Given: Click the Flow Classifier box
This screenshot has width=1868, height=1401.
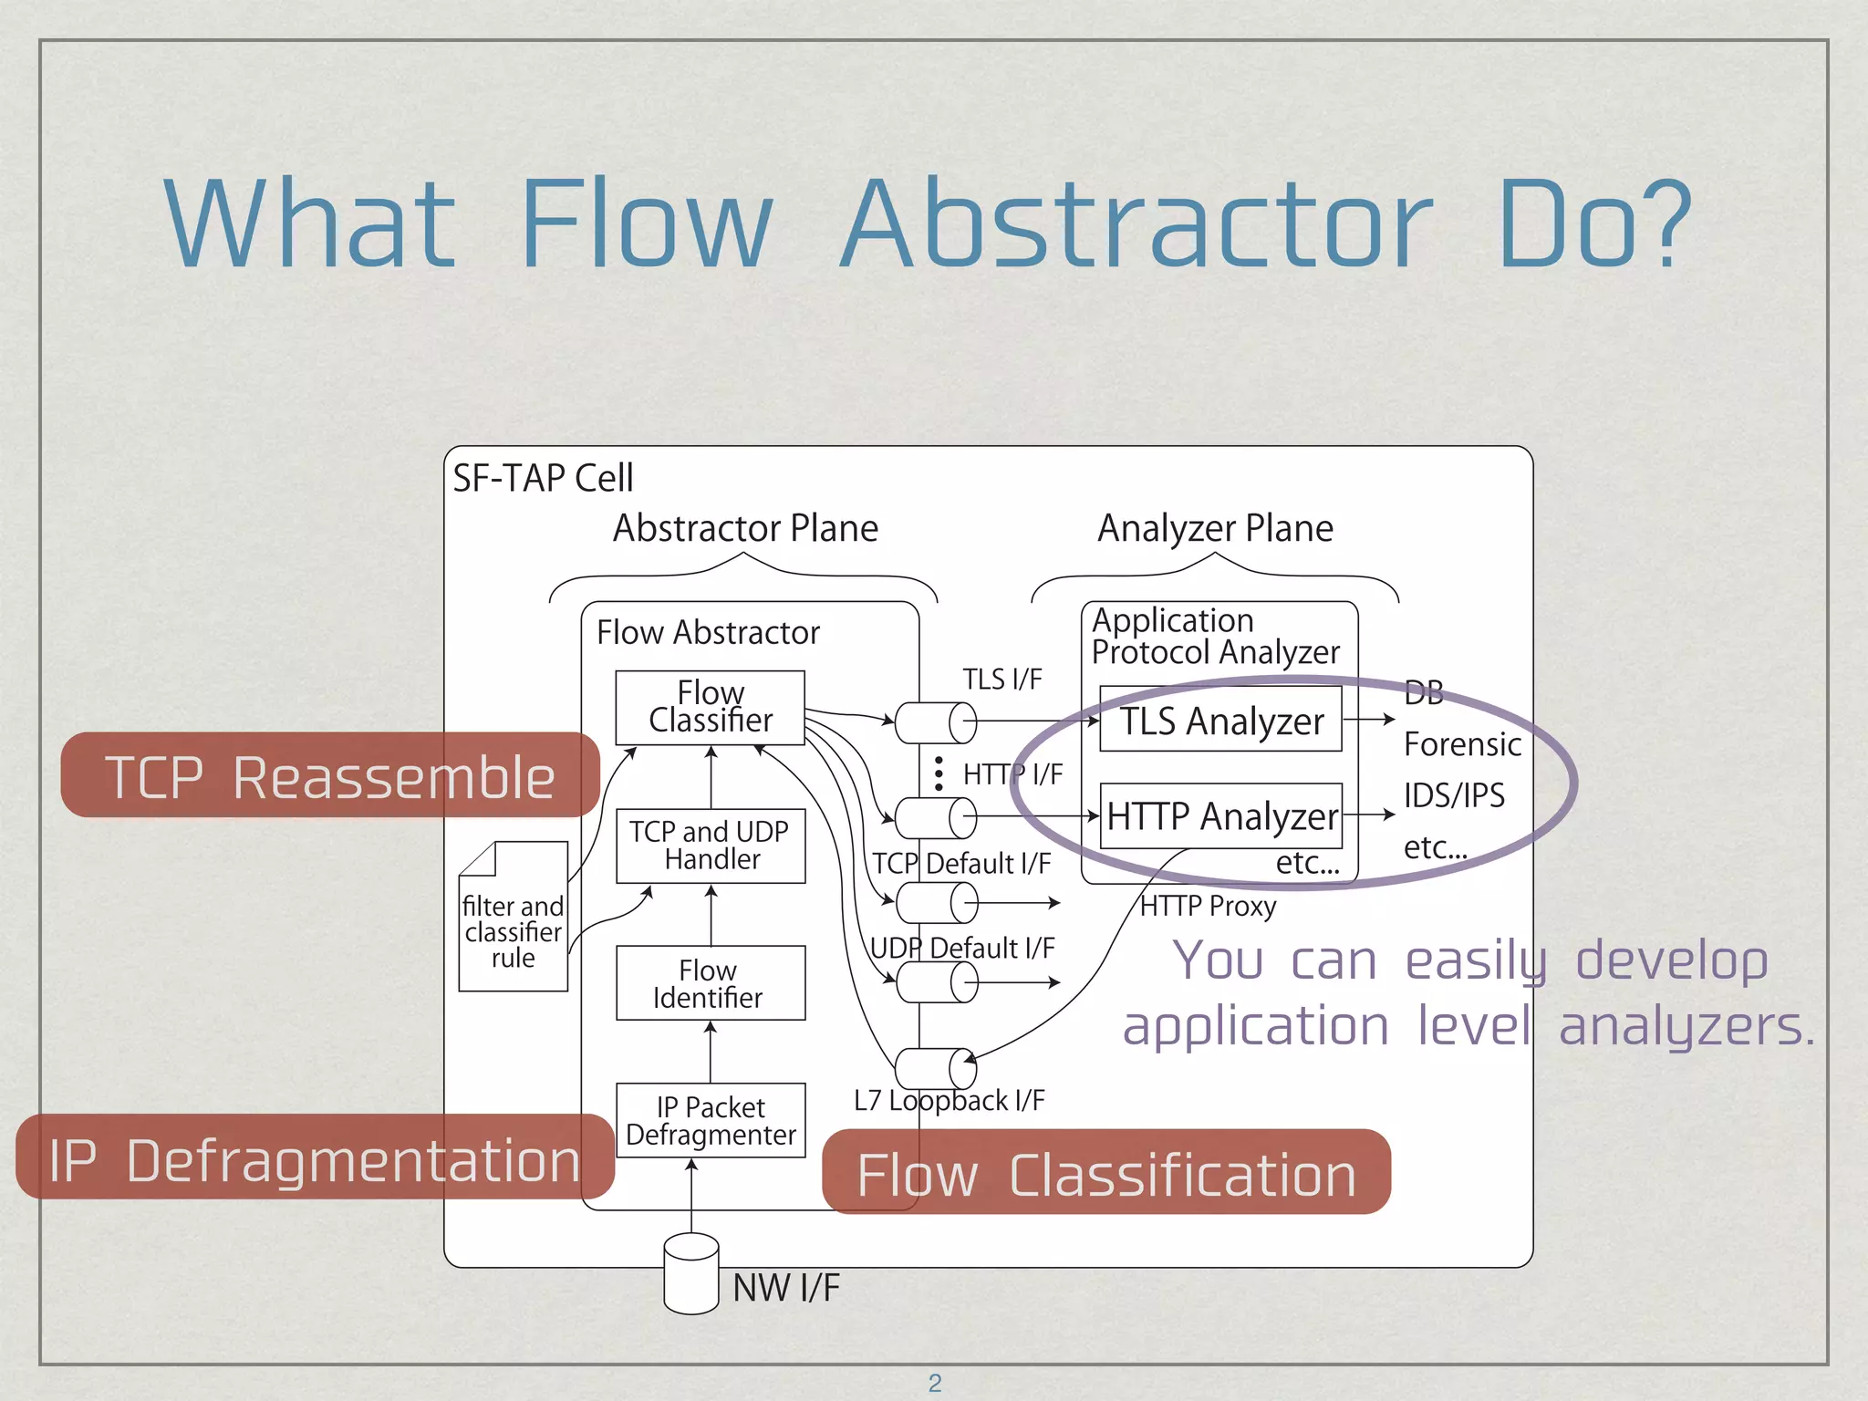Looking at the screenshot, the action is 710,708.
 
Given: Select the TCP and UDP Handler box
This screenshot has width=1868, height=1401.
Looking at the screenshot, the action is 711,846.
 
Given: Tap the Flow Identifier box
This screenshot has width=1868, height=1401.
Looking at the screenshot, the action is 711,983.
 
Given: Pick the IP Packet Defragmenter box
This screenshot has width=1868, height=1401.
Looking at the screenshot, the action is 711,1121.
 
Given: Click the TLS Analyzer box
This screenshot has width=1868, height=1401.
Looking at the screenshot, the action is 1220,721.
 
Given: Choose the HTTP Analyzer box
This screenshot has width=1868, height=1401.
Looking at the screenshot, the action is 1220,816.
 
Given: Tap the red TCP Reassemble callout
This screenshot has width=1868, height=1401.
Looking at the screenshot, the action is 329,776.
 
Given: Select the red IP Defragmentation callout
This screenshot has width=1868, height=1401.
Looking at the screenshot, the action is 315,1159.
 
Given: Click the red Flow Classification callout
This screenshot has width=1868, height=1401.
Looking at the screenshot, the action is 1106,1174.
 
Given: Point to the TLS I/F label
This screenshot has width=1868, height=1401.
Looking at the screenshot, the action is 1001,680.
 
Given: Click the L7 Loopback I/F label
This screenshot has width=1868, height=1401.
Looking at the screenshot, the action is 949,1101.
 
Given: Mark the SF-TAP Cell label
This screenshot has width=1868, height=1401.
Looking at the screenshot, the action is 543,478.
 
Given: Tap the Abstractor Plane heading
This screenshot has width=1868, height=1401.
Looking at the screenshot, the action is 745,528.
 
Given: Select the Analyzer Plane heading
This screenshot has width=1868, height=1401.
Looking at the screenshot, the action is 1215,528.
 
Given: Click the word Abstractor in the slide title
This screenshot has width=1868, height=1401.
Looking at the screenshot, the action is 1136,224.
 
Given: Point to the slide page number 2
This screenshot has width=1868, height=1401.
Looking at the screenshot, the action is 935,1383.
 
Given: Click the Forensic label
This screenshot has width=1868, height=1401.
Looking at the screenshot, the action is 1461,744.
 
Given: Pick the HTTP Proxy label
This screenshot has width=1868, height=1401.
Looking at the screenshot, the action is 1208,907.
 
